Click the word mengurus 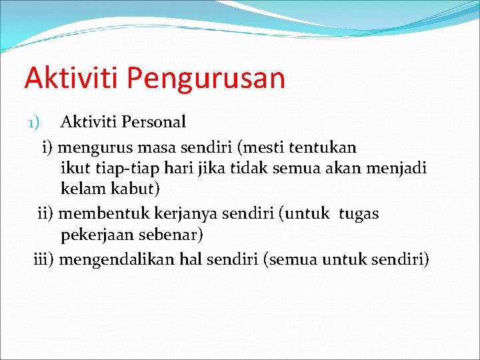[94, 147]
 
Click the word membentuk [103, 213]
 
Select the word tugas [359, 213]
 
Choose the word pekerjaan [97, 235]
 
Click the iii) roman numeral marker [44, 259]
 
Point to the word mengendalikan [117, 259]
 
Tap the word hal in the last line [191, 259]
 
